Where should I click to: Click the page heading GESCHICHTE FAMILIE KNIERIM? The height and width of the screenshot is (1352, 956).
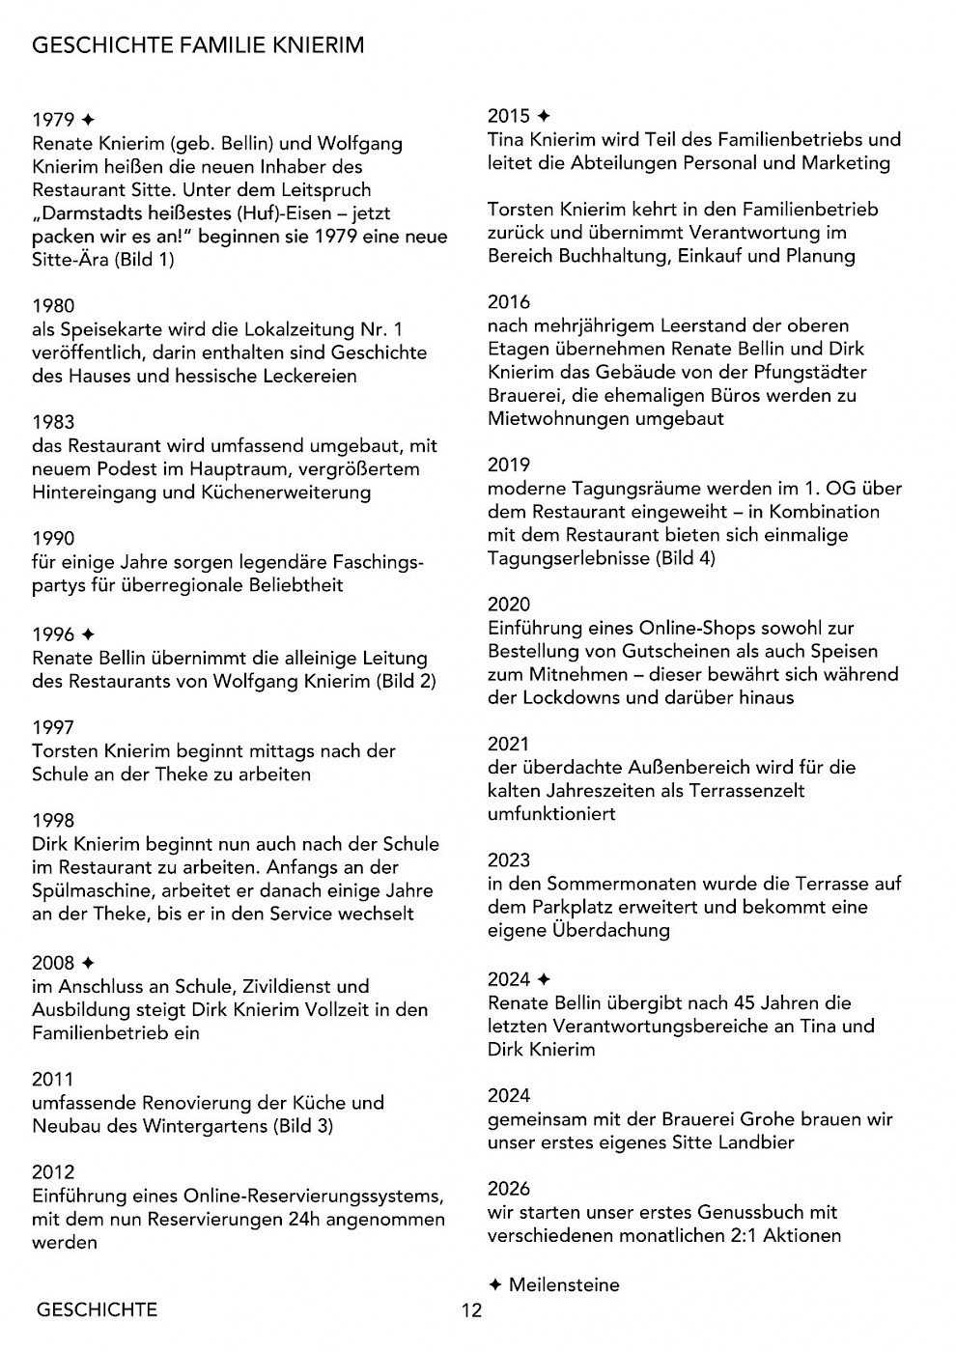[198, 45]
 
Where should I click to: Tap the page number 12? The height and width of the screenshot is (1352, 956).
[471, 1310]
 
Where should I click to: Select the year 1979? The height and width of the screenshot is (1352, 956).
[53, 120]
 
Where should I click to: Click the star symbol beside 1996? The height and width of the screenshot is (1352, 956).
[88, 634]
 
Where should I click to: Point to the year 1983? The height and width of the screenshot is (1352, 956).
[53, 422]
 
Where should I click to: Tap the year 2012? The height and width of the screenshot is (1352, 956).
[53, 1172]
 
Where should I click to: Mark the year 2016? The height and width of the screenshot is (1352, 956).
[509, 302]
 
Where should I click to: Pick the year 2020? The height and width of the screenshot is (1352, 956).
[509, 605]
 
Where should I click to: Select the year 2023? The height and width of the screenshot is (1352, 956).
[509, 860]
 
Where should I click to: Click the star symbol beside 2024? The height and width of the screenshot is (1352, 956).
[544, 980]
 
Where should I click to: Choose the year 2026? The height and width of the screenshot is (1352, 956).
[509, 1189]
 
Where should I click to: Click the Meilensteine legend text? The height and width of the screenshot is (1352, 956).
[564, 1285]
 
